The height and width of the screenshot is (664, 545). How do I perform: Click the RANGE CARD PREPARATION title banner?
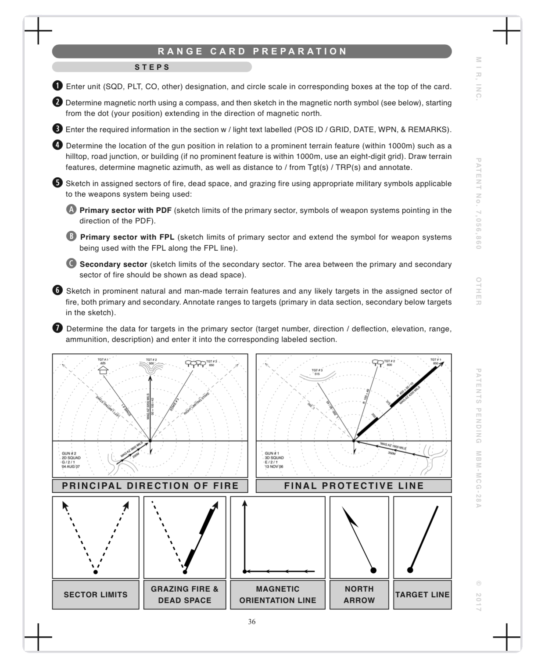pyautogui.click(x=252, y=51)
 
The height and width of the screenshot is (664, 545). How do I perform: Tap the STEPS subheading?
pyautogui.click(x=152, y=67)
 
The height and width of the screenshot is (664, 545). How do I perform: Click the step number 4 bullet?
pyautogui.click(x=57, y=145)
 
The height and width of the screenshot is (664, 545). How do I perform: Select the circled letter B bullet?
pyautogui.click(x=71, y=237)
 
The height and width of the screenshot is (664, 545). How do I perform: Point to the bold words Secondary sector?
pyautogui.click(x=113, y=264)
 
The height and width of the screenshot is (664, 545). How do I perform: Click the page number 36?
pyautogui.click(x=251, y=621)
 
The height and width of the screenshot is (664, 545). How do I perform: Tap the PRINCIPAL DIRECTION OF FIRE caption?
pyautogui.click(x=150, y=486)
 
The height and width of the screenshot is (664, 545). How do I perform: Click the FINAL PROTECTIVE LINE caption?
pyautogui.click(x=354, y=486)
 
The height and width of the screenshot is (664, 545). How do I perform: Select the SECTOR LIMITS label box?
pyautogui.click(x=96, y=595)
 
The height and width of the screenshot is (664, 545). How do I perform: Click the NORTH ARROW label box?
pyautogui.click(x=359, y=595)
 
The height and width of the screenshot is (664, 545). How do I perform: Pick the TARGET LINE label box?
pyautogui.click(x=422, y=595)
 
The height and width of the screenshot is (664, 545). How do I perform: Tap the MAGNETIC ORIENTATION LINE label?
pyautogui.click(x=277, y=595)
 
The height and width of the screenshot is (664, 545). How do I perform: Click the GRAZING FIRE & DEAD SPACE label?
pyautogui.click(x=185, y=595)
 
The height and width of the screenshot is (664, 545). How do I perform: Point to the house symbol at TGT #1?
pyautogui.click(x=103, y=370)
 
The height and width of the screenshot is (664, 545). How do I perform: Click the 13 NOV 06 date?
pyautogui.click(x=274, y=467)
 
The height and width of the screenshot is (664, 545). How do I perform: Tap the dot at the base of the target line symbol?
pyautogui.click(x=410, y=570)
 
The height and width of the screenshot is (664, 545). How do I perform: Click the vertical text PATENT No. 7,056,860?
pyautogui.click(x=478, y=204)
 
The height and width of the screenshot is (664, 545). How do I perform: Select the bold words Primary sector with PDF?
pyautogui.click(x=125, y=210)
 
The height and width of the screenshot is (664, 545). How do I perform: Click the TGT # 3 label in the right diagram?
pyautogui.click(x=317, y=370)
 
